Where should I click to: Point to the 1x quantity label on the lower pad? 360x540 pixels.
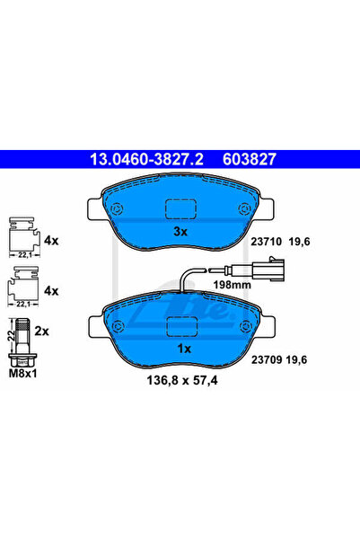(x=182, y=348)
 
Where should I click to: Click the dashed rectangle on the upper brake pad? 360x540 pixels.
(x=181, y=208)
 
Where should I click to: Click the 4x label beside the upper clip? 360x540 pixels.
(x=51, y=242)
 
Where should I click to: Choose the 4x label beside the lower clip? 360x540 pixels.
(x=51, y=291)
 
